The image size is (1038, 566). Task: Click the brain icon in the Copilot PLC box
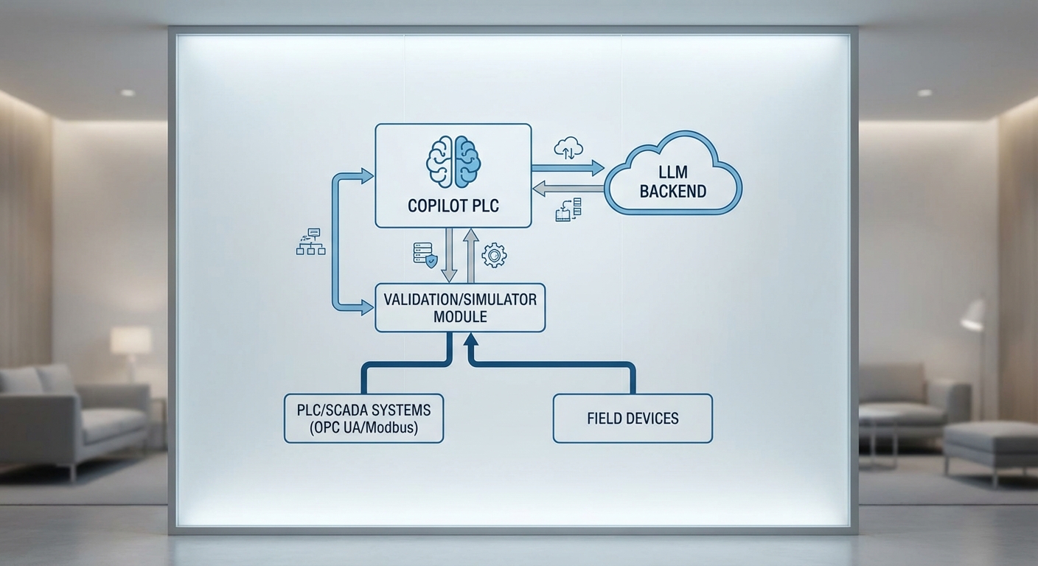[453, 162]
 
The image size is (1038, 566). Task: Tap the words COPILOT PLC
[453, 206]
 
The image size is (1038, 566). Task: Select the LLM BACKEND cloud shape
[672, 176]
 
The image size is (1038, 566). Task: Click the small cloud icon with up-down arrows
[568, 147]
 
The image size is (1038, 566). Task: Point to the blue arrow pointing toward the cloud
[568, 168]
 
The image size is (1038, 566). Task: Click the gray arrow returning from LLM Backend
[568, 189]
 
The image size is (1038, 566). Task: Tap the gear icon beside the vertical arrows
[494, 256]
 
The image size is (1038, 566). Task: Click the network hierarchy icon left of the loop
[310, 242]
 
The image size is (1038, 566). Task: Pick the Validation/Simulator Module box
[460, 307]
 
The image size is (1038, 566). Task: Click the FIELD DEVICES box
[633, 418]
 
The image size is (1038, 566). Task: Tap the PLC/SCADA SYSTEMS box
[363, 418]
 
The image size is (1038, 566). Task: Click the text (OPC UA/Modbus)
[363, 427]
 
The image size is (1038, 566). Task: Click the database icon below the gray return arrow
[568, 209]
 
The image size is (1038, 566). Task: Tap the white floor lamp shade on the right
[973, 315]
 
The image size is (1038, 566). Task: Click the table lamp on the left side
[131, 343]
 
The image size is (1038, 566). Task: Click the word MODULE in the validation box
[460, 317]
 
